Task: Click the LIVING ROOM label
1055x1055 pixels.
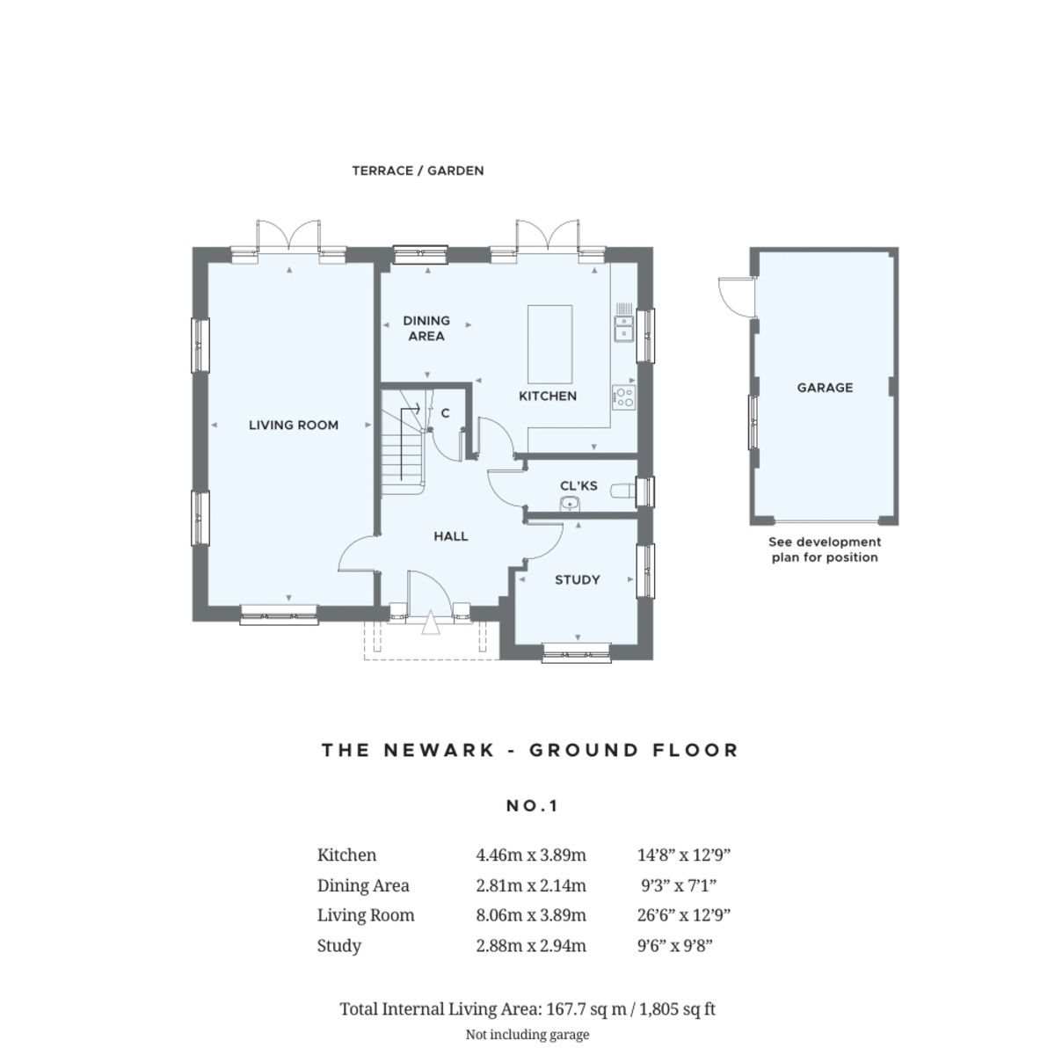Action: pyautogui.click(x=293, y=426)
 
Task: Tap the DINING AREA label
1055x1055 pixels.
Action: pyautogui.click(x=426, y=328)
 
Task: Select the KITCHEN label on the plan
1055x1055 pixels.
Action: pyautogui.click(x=547, y=397)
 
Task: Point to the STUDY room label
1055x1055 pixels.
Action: pyautogui.click(x=577, y=580)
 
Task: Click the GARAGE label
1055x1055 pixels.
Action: pyautogui.click(x=825, y=388)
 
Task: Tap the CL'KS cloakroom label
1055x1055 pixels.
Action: pyautogui.click(x=578, y=486)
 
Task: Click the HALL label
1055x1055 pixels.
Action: pyautogui.click(x=450, y=536)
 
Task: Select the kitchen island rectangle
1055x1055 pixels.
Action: pyautogui.click(x=549, y=341)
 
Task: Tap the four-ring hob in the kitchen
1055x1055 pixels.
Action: pyautogui.click(x=623, y=397)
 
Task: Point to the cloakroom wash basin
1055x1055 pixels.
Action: pyautogui.click(x=570, y=504)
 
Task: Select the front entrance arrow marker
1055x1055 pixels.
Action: pyautogui.click(x=430, y=624)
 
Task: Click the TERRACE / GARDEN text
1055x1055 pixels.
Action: pyautogui.click(x=418, y=171)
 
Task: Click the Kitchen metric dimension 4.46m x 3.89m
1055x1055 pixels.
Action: pyautogui.click(x=530, y=855)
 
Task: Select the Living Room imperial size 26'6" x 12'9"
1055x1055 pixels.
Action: pyautogui.click(x=684, y=915)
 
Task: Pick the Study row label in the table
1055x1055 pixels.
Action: pyautogui.click(x=338, y=946)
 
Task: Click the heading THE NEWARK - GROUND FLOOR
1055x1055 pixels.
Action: pyautogui.click(x=529, y=750)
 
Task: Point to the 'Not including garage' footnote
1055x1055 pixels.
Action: pyautogui.click(x=527, y=1035)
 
